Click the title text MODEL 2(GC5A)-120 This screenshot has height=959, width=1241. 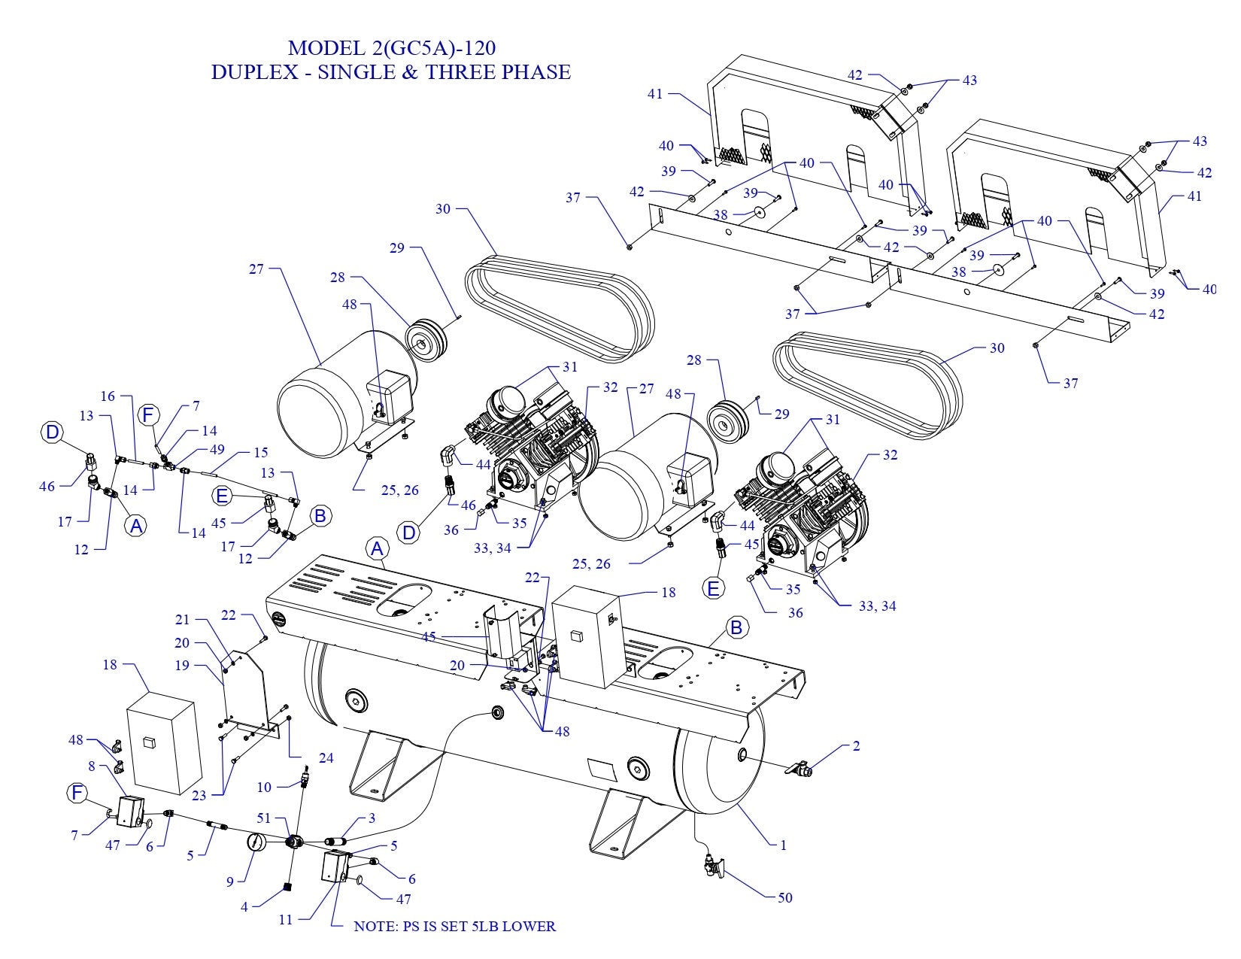[x=391, y=48]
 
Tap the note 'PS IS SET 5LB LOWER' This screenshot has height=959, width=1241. [x=454, y=926]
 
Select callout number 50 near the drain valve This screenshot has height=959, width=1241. [x=784, y=897]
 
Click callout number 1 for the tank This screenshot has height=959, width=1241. [x=783, y=845]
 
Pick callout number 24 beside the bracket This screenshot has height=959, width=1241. [x=326, y=758]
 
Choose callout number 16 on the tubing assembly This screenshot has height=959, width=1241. [x=108, y=396]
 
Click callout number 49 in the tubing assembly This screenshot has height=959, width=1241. [x=217, y=451]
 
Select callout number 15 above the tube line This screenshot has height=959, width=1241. [x=260, y=454]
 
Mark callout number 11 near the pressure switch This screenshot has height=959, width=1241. [x=286, y=919]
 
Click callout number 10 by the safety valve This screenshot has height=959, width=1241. [x=264, y=788]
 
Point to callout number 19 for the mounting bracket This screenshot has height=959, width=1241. [x=181, y=666]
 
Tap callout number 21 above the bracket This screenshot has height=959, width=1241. [x=183, y=620]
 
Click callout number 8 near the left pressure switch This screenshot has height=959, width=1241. [x=92, y=766]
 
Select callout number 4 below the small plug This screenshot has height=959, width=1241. [x=244, y=907]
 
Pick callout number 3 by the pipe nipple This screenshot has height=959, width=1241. [x=372, y=818]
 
